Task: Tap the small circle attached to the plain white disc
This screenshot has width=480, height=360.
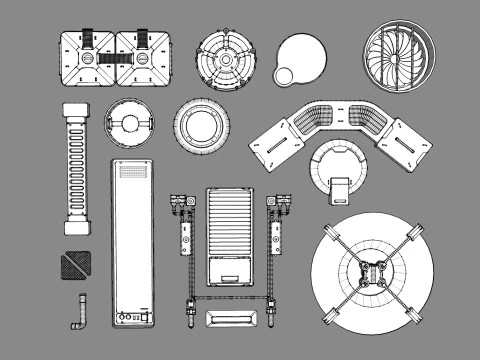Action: [283, 76]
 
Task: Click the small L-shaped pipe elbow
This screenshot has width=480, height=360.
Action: [78, 314]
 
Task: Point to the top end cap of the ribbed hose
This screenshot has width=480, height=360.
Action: [76, 109]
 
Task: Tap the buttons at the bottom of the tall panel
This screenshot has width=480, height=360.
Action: [131, 319]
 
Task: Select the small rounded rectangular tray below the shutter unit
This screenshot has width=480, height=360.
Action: [230, 317]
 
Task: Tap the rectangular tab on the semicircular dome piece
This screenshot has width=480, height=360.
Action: [341, 187]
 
